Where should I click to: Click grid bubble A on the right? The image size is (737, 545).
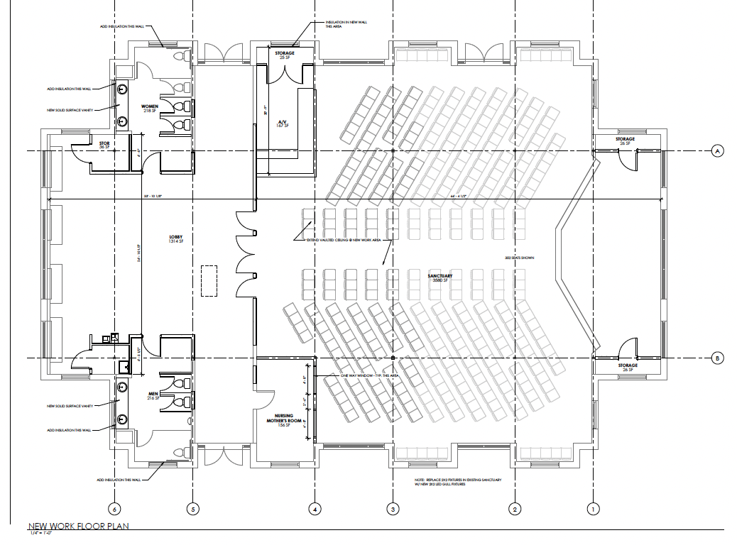click(718, 151)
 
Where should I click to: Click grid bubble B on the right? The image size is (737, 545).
click(718, 359)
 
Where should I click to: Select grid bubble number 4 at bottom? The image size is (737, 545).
click(315, 509)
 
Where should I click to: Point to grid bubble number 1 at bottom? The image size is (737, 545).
click(591, 509)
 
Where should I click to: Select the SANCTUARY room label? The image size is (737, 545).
click(440, 277)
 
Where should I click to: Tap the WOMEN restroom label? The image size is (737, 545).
click(150, 109)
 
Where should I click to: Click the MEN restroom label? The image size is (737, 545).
click(151, 396)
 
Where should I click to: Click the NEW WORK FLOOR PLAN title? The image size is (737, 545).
click(78, 527)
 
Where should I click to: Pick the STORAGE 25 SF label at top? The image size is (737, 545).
click(285, 55)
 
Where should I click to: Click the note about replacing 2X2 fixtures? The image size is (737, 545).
click(458, 483)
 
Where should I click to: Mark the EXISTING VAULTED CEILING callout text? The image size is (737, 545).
click(344, 241)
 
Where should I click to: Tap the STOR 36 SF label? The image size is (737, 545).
click(104, 145)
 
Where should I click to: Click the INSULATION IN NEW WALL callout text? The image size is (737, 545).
click(346, 23)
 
